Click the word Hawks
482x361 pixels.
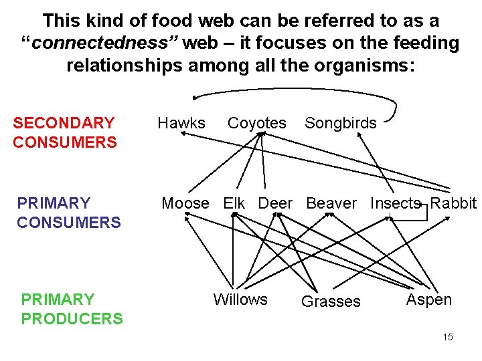181,123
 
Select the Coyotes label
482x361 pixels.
256,123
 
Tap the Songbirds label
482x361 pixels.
341,123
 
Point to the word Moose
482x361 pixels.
185,203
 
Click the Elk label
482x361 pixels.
234,203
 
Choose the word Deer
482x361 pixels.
275,203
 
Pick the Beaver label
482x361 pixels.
331,203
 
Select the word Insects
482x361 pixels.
395,203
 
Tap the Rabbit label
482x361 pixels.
453,203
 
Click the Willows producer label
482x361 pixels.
240,299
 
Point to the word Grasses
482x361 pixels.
331,302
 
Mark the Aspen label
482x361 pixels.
429,299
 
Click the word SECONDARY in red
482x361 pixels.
64,123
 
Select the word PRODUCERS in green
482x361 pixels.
72,319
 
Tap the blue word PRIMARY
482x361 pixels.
54,203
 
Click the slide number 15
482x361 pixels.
448,337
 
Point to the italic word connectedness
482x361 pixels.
104,44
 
